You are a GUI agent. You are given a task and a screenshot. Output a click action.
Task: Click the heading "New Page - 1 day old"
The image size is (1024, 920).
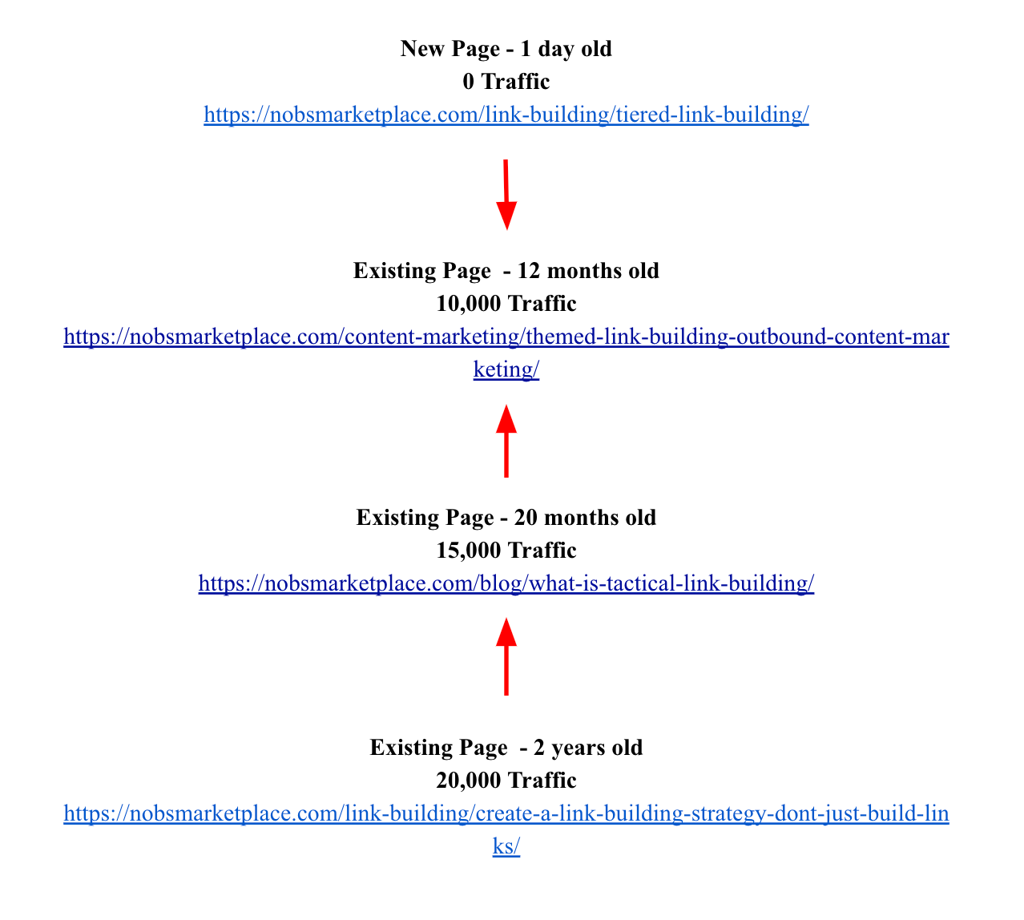point(506,49)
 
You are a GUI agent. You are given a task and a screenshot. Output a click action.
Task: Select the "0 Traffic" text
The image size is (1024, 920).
point(506,82)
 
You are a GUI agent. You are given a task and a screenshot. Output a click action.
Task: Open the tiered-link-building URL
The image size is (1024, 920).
point(506,115)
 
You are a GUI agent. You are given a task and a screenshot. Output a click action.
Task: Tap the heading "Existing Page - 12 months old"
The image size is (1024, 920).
point(506,271)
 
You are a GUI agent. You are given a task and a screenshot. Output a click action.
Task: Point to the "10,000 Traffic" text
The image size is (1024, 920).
point(506,304)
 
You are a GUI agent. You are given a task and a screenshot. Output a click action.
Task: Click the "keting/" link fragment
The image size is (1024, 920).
point(506,369)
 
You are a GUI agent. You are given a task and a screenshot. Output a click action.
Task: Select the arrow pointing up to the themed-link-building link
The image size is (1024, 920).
point(506,442)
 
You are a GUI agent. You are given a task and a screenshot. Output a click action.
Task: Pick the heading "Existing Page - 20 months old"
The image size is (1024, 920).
point(506,518)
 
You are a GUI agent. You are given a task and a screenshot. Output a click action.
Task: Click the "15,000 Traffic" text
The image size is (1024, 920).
point(506,551)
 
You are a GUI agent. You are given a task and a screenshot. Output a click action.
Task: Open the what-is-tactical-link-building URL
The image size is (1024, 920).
point(506,583)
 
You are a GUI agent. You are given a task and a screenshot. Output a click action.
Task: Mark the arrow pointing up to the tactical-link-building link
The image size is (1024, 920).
point(506,656)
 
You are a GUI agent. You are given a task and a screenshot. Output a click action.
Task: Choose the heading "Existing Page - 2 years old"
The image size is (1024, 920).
point(506,748)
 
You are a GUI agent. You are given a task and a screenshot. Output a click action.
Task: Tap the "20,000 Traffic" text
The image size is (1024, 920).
point(506,781)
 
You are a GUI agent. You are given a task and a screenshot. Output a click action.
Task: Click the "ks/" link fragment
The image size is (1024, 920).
point(506,846)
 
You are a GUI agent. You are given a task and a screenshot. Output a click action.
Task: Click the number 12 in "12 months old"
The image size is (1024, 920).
point(530,271)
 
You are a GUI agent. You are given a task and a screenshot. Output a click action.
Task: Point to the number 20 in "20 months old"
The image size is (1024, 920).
point(526,518)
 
